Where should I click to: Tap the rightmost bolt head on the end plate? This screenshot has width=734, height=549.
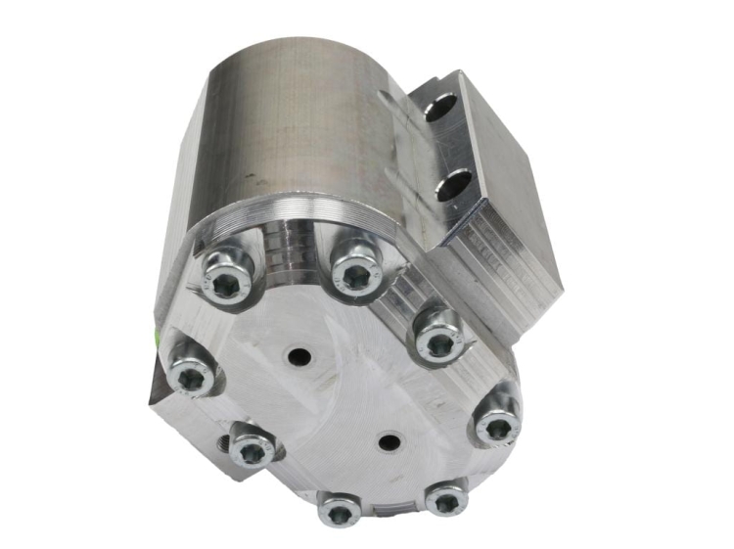click(497, 426)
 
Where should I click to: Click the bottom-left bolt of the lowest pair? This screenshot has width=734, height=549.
click(339, 509)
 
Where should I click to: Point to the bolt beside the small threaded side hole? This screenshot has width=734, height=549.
click(252, 449)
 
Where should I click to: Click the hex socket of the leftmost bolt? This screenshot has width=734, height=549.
click(188, 375)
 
